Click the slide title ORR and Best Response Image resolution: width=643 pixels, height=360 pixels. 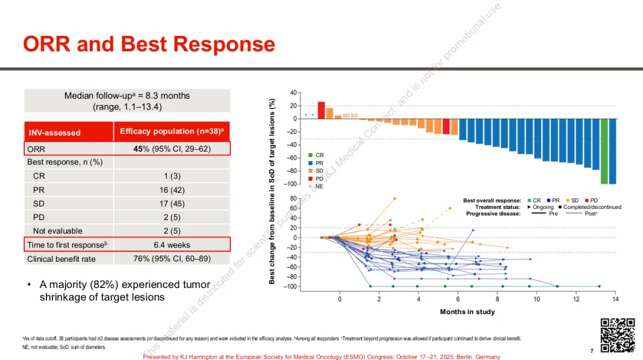point(149,45)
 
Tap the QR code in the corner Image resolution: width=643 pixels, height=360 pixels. point(617,336)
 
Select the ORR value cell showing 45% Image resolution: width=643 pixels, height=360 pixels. point(171,149)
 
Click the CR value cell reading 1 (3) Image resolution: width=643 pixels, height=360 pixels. point(171,176)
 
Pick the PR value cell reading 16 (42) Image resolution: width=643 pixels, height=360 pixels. point(171,190)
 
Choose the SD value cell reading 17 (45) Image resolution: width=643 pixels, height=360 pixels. point(171,204)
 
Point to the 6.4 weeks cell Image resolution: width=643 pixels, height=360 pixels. point(171,245)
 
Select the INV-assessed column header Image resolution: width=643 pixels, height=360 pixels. point(55,132)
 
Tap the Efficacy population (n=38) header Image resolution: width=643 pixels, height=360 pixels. point(171,132)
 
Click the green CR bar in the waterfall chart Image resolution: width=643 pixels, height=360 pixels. point(604,151)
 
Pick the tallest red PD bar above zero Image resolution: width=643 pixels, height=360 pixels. point(321,110)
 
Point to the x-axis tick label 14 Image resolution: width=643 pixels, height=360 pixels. point(615,299)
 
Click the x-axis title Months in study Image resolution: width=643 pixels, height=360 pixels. point(467,312)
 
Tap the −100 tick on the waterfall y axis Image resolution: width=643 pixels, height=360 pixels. point(293,184)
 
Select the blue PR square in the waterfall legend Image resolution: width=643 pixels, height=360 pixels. point(311,163)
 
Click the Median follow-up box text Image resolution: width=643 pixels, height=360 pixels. point(127,101)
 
